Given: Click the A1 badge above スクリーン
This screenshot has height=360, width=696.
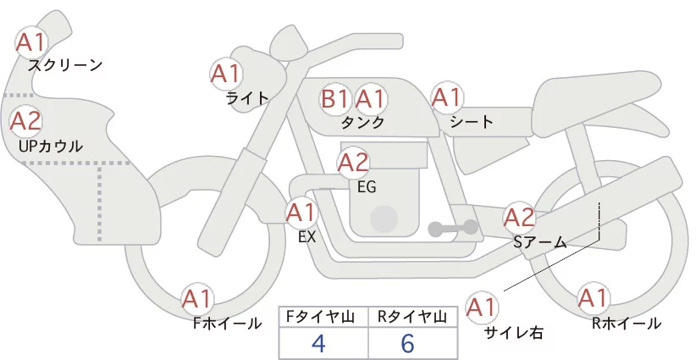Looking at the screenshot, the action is (x=31, y=42).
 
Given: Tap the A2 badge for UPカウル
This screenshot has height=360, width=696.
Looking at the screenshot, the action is (x=25, y=121).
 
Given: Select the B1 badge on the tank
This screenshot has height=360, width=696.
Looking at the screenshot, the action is (x=335, y=98).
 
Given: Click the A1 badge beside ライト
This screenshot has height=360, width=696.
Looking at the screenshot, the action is (x=226, y=74).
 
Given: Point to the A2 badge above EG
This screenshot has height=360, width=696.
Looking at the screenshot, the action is (x=353, y=163).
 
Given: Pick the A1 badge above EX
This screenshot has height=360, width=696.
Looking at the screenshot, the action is (x=301, y=213).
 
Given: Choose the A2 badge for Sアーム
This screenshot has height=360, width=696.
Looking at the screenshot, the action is (x=519, y=218).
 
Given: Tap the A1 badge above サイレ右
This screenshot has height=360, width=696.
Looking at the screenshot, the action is (x=482, y=307).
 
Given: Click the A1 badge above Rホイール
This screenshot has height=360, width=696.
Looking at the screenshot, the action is (x=593, y=298).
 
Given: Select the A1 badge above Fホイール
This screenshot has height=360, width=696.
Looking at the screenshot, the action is (x=196, y=300).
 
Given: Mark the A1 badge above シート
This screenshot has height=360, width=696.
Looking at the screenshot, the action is (x=447, y=97).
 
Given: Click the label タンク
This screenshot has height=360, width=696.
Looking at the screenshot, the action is (x=362, y=122).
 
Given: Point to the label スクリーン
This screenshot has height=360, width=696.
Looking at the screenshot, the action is (x=65, y=66).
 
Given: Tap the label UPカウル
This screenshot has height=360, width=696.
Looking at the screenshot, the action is (x=51, y=146).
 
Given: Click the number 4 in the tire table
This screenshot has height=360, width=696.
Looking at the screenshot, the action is (x=319, y=343).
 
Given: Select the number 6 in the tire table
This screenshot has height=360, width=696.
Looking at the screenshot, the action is (x=407, y=343).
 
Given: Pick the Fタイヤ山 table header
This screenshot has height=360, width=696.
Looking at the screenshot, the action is (x=320, y=317).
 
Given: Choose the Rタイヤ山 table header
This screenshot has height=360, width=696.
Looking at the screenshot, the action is (x=412, y=317).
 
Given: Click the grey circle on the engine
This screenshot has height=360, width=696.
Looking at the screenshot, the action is (x=384, y=219).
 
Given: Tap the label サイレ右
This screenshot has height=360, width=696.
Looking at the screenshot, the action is (x=514, y=333).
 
